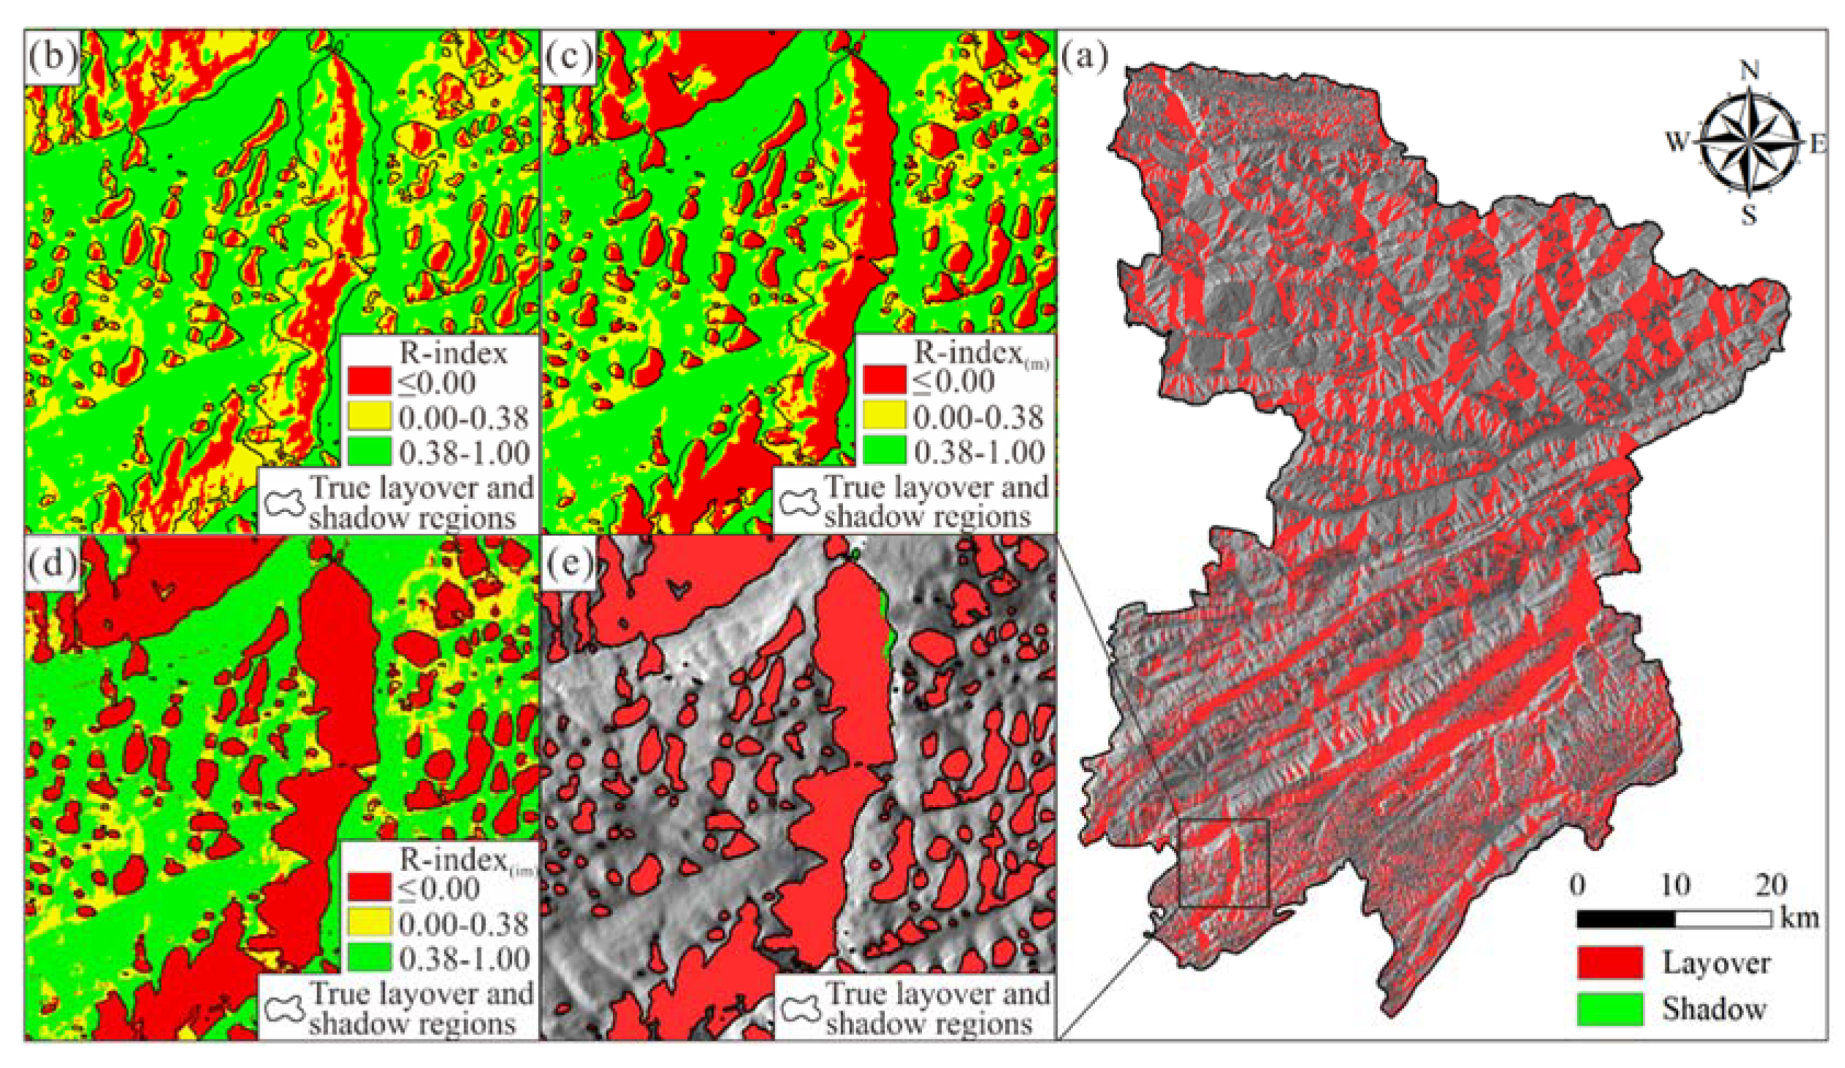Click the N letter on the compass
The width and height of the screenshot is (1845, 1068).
(1749, 71)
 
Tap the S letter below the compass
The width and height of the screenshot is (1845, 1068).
(1748, 215)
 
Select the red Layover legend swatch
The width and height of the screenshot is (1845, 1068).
(1610, 962)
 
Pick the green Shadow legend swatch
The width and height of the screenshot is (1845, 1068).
(1610, 1008)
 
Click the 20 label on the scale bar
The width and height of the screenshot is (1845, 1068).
(1770, 885)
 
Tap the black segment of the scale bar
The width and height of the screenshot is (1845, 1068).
(1625, 919)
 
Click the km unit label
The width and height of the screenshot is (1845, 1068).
(1799, 917)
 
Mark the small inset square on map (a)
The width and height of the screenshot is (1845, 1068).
(1224, 863)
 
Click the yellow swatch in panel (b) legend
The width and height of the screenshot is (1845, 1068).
(369, 417)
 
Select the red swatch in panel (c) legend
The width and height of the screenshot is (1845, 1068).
(884, 381)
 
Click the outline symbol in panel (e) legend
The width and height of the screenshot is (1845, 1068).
(799, 1009)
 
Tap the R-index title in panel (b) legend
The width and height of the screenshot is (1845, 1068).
(453, 353)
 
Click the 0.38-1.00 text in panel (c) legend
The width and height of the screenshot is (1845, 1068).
(979, 452)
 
